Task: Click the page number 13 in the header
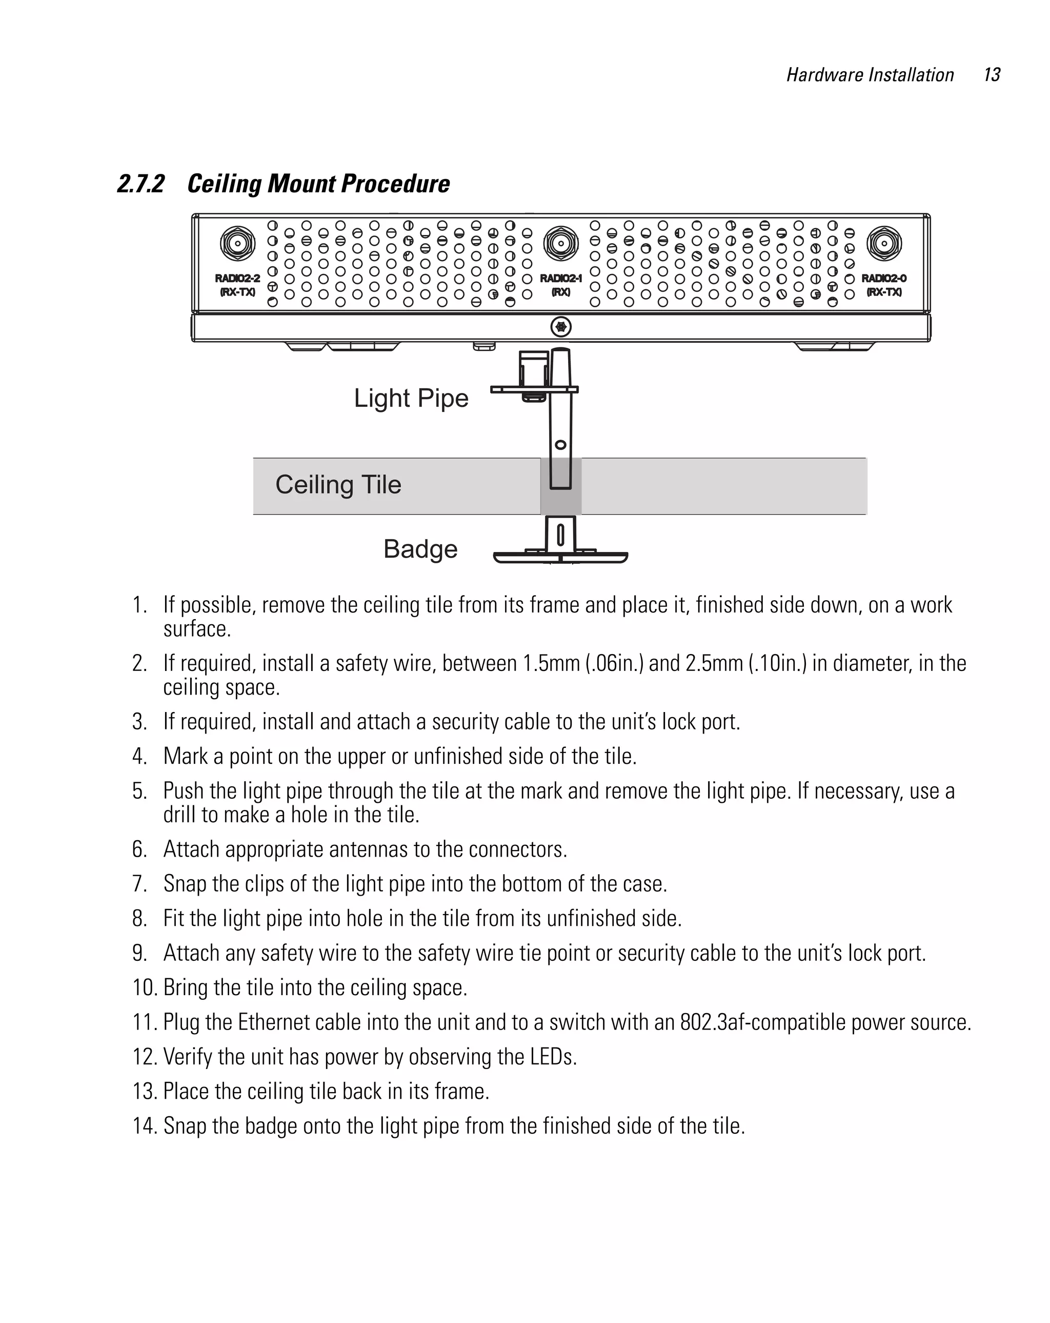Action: (x=991, y=75)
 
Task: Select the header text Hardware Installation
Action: (x=870, y=75)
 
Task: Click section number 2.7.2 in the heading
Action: (x=141, y=184)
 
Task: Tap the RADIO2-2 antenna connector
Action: (x=237, y=244)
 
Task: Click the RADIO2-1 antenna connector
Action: (x=560, y=244)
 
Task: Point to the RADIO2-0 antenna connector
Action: (x=884, y=244)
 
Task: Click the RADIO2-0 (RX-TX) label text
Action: (x=884, y=285)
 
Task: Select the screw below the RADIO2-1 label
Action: (x=560, y=326)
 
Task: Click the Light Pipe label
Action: (x=411, y=398)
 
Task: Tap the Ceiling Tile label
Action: (x=338, y=485)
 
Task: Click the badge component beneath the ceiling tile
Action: (x=560, y=556)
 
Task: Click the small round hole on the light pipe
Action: (x=560, y=445)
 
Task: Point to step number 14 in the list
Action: (x=145, y=1126)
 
